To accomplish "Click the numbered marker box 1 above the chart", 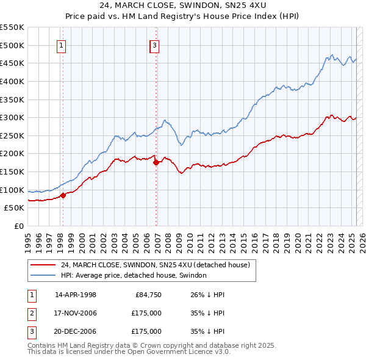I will (62, 45).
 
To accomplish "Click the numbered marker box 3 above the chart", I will (155, 45).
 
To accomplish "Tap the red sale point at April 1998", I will (63, 195).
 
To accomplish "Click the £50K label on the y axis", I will (14, 207).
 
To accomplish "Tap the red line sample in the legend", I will (42, 265).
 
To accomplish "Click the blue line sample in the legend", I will (42, 276).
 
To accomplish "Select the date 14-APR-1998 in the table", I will (76, 295).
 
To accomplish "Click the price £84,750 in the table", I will (148, 295).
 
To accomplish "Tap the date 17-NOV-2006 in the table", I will (76, 314).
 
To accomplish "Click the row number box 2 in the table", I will (31, 314).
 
